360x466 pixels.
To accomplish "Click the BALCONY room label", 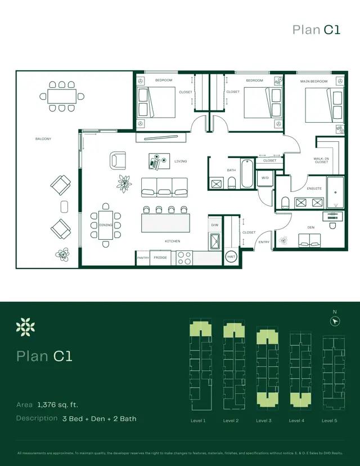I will coord(43,138).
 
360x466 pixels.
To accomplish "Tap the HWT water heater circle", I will coord(231,256).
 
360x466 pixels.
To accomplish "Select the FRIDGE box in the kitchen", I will coord(160,257).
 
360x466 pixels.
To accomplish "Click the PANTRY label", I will coord(143,258).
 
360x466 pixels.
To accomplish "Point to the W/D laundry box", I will coord(265,179).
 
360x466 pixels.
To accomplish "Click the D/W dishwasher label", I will coord(214,225).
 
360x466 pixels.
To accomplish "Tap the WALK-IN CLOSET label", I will coord(321,160).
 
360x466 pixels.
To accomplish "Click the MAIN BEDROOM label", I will coord(313,82).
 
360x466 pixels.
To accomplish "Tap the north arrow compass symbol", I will coord(335,321).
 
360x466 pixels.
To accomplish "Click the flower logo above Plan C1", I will coord(25,327).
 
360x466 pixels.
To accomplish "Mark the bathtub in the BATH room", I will coord(247,174).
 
